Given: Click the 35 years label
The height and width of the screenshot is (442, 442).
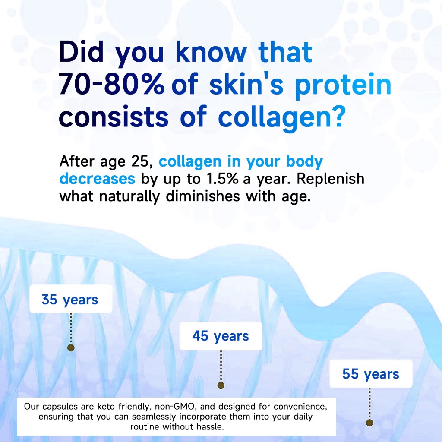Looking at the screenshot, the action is click(x=70, y=300).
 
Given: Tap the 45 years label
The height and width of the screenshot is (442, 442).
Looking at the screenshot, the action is click(x=221, y=336).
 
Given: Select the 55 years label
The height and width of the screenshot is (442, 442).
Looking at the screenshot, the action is click(x=371, y=374).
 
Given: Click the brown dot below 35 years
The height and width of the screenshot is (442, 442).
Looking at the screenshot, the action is click(x=71, y=347).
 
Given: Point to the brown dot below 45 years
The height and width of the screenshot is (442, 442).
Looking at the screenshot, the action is click(x=221, y=385).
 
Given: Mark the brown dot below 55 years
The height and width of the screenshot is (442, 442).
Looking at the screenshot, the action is click(x=369, y=423).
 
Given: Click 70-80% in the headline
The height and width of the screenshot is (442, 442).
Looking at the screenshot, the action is click(x=112, y=84).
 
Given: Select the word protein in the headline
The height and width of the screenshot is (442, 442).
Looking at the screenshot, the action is click(x=343, y=85).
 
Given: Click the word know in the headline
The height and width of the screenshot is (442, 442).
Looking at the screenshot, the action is click(x=211, y=52).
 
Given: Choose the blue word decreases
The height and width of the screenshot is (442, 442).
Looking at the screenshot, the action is click(x=97, y=179).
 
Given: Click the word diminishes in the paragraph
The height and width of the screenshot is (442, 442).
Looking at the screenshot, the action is click(x=203, y=196).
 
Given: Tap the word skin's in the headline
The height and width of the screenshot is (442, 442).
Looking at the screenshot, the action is click(x=246, y=84).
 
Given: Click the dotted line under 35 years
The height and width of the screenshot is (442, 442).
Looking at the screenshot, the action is click(x=71, y=328).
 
